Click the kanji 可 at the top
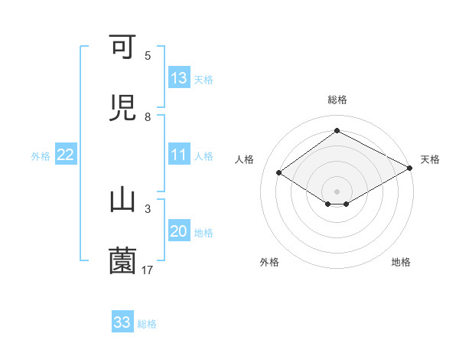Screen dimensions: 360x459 (122, 48)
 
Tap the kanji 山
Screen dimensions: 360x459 (122, 200)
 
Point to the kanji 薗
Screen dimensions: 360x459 (122, 260)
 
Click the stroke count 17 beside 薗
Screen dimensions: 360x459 (148, 269)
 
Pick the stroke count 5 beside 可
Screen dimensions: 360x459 (148, 56)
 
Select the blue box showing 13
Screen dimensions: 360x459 (179, 78)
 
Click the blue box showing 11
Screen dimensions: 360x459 (179, 155)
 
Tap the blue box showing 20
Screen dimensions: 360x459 (179, 231)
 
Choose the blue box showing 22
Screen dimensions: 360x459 (66, 155)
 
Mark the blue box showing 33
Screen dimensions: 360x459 (122, 322)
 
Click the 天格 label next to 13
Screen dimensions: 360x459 (203, 79)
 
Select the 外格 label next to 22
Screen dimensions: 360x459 (41, 155)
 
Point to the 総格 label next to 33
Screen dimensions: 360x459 (147, 323)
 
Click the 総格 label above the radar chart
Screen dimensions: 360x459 (337, 100)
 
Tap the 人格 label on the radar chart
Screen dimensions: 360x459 (245, 159)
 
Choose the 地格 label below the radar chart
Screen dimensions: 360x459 (401, 262)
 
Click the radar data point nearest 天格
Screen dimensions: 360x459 (410, 168)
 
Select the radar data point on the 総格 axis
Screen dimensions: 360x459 (337, 131)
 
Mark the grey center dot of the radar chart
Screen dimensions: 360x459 (337, 191)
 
